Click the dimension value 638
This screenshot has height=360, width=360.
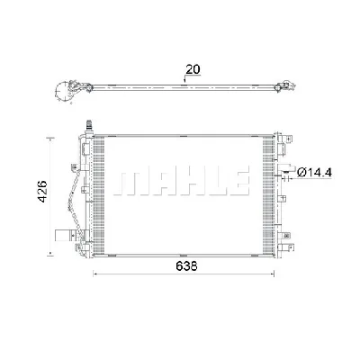tap(186, 266)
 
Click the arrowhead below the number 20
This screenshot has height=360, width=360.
tap(185, 80)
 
